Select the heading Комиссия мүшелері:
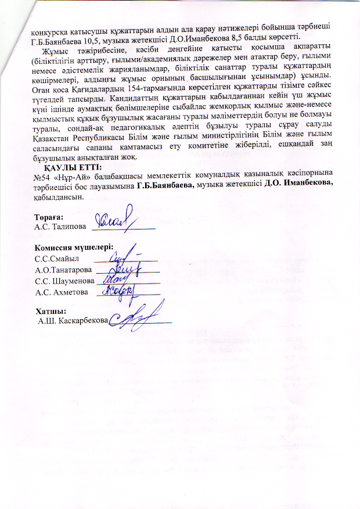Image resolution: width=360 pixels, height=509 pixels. click(x=73, y=247)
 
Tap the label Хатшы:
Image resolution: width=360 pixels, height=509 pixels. click(x=49, y=311)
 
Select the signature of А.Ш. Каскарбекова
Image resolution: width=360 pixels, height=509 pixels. click(x=134, y=317)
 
